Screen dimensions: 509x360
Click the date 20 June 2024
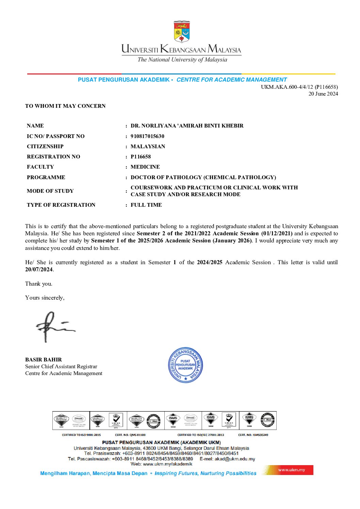tap(323, 94)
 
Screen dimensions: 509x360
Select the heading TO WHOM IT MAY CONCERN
tap(65, 106)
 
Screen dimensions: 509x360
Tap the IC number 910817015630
tap(147, 136)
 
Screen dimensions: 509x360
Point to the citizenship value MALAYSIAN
tap(148, 147)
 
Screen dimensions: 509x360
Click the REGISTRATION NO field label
tap(53, 157)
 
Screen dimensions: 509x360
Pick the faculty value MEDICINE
tap(145, 167)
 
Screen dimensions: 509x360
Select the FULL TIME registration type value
tap(146, 205)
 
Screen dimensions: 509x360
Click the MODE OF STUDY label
tap(50, 191)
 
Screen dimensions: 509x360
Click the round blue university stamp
tap(185, 365)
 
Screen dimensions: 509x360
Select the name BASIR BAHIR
tap(44, 360)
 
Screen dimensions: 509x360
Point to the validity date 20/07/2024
tap(39, 270)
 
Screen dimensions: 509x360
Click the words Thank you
tap(39, 284)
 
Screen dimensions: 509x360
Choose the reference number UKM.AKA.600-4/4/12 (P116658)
tap(299, 87)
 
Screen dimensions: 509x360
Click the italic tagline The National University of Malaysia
tap(182, 60)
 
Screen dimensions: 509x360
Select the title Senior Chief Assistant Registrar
tap(61, 367)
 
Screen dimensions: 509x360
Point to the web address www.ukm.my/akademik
tap(167, 464)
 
